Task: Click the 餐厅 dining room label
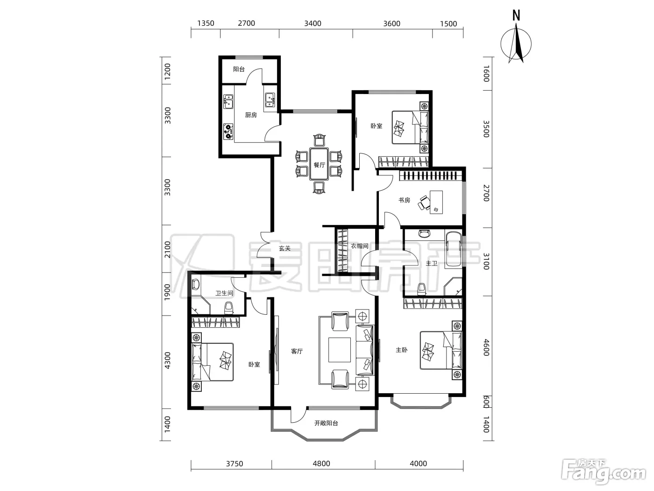[x=320, y=165]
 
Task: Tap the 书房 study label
[x=405, y=200]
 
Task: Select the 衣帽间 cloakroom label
[x=359, y=246]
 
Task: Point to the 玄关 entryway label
[x=284, y=248]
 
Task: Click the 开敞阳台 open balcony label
[x=326, y=423]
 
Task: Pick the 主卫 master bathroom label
[x=432, y=263]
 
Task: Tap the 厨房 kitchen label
[x=251, y=115]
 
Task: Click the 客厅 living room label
[x=297, y=352]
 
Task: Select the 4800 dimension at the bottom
[x=321, y=463]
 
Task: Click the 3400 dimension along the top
[x=313, y=23]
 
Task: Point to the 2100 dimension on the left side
[x=168, y=250]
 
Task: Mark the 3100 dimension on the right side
[x=486, y=261]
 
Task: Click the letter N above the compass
[x=516, y=15]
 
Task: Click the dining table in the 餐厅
[x=319, y=164]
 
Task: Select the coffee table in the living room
[x=339, y=350]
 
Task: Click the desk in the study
[x=436, y=202]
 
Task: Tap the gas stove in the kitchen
[x=228, y=132]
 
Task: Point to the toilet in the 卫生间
[x=228, y=308]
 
